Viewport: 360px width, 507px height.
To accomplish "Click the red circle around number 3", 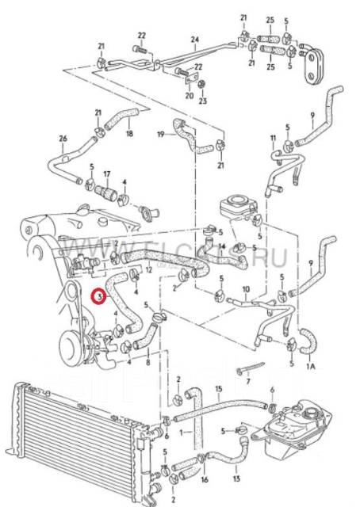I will pos(98,297).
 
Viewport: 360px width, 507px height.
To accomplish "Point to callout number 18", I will pos(129,135).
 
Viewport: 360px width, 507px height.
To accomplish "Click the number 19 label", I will pos(160,135).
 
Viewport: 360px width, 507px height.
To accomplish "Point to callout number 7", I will pos(248,381).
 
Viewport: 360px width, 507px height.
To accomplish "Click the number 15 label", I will pos(219,389).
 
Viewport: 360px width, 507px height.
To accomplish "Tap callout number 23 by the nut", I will pos(202,101).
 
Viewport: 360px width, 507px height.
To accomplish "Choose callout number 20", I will pos(189,95).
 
